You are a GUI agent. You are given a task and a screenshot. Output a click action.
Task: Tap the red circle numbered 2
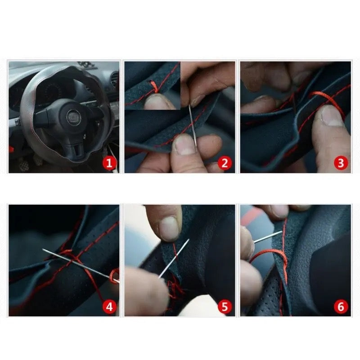click(x=225, y=163)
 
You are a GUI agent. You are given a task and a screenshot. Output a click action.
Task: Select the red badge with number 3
click(x=341, y=163)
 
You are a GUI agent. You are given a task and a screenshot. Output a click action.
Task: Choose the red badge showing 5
click(x=225, y=306)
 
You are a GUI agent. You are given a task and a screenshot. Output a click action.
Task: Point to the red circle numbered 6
click(x=341, y=306)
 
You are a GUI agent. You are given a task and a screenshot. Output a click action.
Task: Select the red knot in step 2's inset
click(x=155, y=86)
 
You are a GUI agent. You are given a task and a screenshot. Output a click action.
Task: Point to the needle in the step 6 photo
click(x=267, y=237)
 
